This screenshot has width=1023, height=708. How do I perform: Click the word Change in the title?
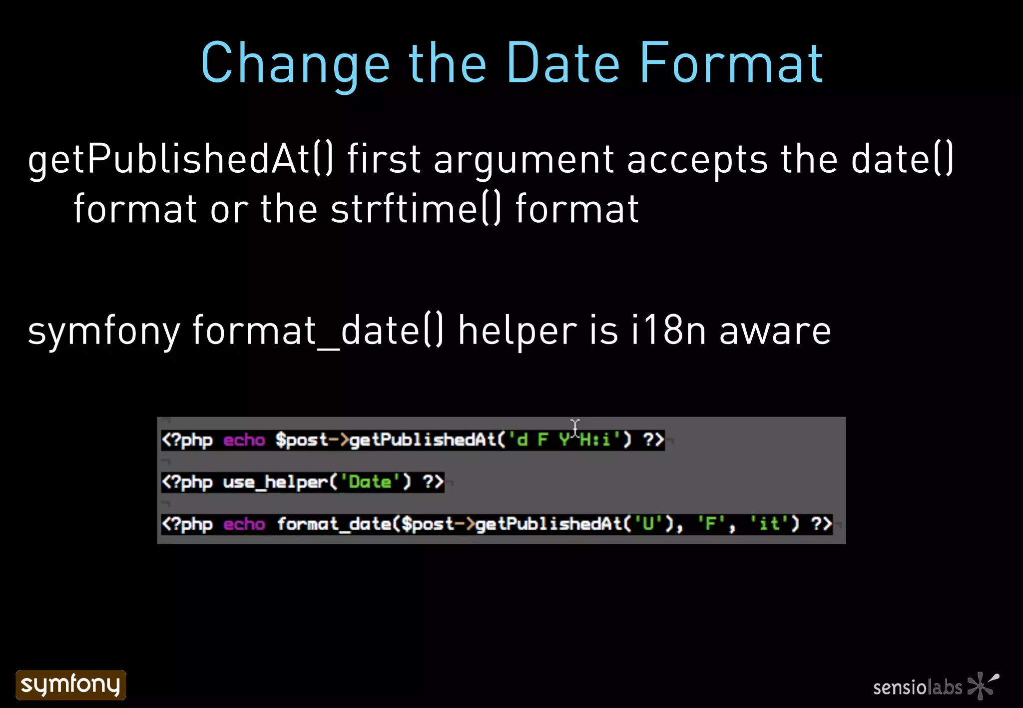pyautogui.click(x=295, y=63)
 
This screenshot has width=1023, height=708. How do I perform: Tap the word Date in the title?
pyautogui.click(x=563, y=63)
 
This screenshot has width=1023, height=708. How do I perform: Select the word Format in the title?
pyautogui.click(x=731, y=63)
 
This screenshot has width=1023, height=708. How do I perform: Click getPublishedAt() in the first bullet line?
pyautogui.click(x=180, y=159)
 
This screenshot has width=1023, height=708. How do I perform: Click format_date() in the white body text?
pyautogui.click(x=318, y=331)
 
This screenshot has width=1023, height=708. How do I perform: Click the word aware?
pyautogui.click(x=775, y=332)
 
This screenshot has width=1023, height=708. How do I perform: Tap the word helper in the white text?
pyautogui.click(x=517, y=332)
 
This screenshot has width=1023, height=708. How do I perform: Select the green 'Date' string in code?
pyautogui.click(x=370, y=482)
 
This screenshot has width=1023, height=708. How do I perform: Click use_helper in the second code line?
pyautogui.click(x=275, y=482)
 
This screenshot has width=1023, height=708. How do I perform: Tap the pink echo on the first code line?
pyautogui.click(x=244, y=440)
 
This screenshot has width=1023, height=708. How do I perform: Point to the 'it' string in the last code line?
pyautogui.click(x=769, y=524)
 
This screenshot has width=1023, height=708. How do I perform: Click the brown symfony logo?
pyautogui.click(x=71, y=685)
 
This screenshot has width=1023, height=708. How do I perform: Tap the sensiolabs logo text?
pyautogui.click(x=917, y=688)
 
